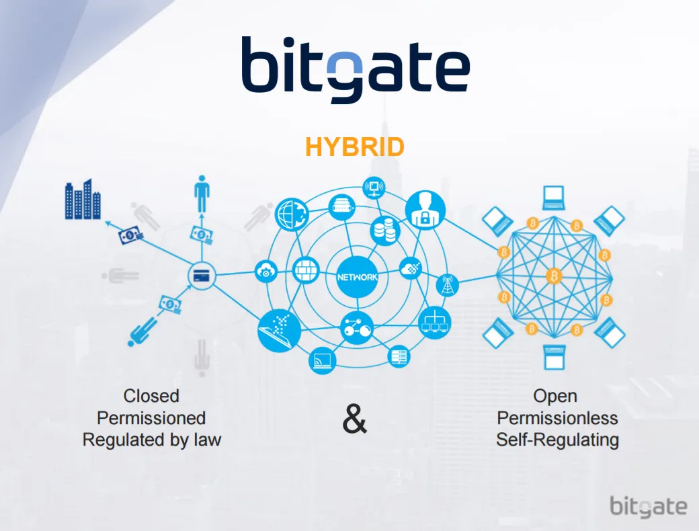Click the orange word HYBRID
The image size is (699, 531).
coord(354,147)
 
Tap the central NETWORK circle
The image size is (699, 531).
coord(357,277)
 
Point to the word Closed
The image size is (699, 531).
coord(151,396)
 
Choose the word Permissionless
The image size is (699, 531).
coord(557,418)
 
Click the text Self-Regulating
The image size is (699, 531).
coord(557,440)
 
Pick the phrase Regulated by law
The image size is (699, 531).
coord(152,440)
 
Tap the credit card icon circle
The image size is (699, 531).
coord(202,276)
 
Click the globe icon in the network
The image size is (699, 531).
coord(292,214)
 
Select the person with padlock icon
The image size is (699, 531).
coord(425,210)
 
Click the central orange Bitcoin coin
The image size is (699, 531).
coord(554,276)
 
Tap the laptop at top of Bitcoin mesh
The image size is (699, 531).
coord(554,198)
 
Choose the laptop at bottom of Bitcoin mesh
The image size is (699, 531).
coord(554,357)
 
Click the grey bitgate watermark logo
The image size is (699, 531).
coord(648,507)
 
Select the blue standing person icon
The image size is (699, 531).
coord(202,194)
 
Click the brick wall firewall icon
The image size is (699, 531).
coord(306,271)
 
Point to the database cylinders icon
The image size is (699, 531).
coord(385,231)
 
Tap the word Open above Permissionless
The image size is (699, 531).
coord(555,397)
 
